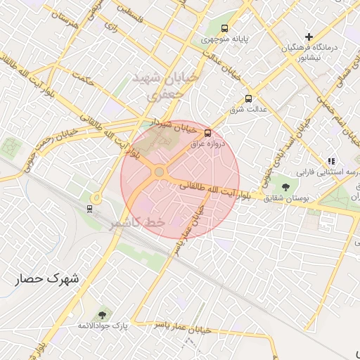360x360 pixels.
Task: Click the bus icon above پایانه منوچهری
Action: [x=224, y=29]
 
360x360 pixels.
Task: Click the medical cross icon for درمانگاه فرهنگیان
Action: [x=309, y=37]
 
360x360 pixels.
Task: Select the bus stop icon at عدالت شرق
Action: [x=247, y=99]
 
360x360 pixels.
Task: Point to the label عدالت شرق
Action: [x=245, y=110]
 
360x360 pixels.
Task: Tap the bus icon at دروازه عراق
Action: [x=207, y=132]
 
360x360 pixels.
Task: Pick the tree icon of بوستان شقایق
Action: [x=285, y=187]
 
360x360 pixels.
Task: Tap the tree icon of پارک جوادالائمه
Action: [x=103, y=314]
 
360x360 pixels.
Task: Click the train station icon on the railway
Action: [x=89, y=208]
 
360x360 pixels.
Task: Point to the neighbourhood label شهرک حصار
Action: [x=49, y=278]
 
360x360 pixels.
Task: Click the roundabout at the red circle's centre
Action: [x=160, y=172]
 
